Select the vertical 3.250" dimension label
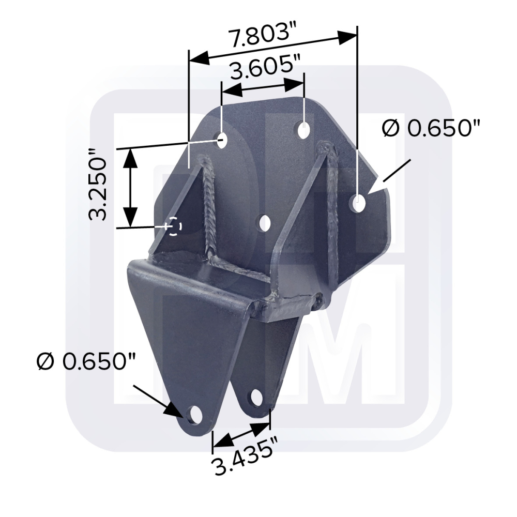point(98,185)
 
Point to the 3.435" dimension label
point(244,455)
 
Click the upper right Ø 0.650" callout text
point(431,128)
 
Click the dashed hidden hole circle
point(174,226)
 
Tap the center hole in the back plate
point(265,223)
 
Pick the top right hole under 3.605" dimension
point(303,130)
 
